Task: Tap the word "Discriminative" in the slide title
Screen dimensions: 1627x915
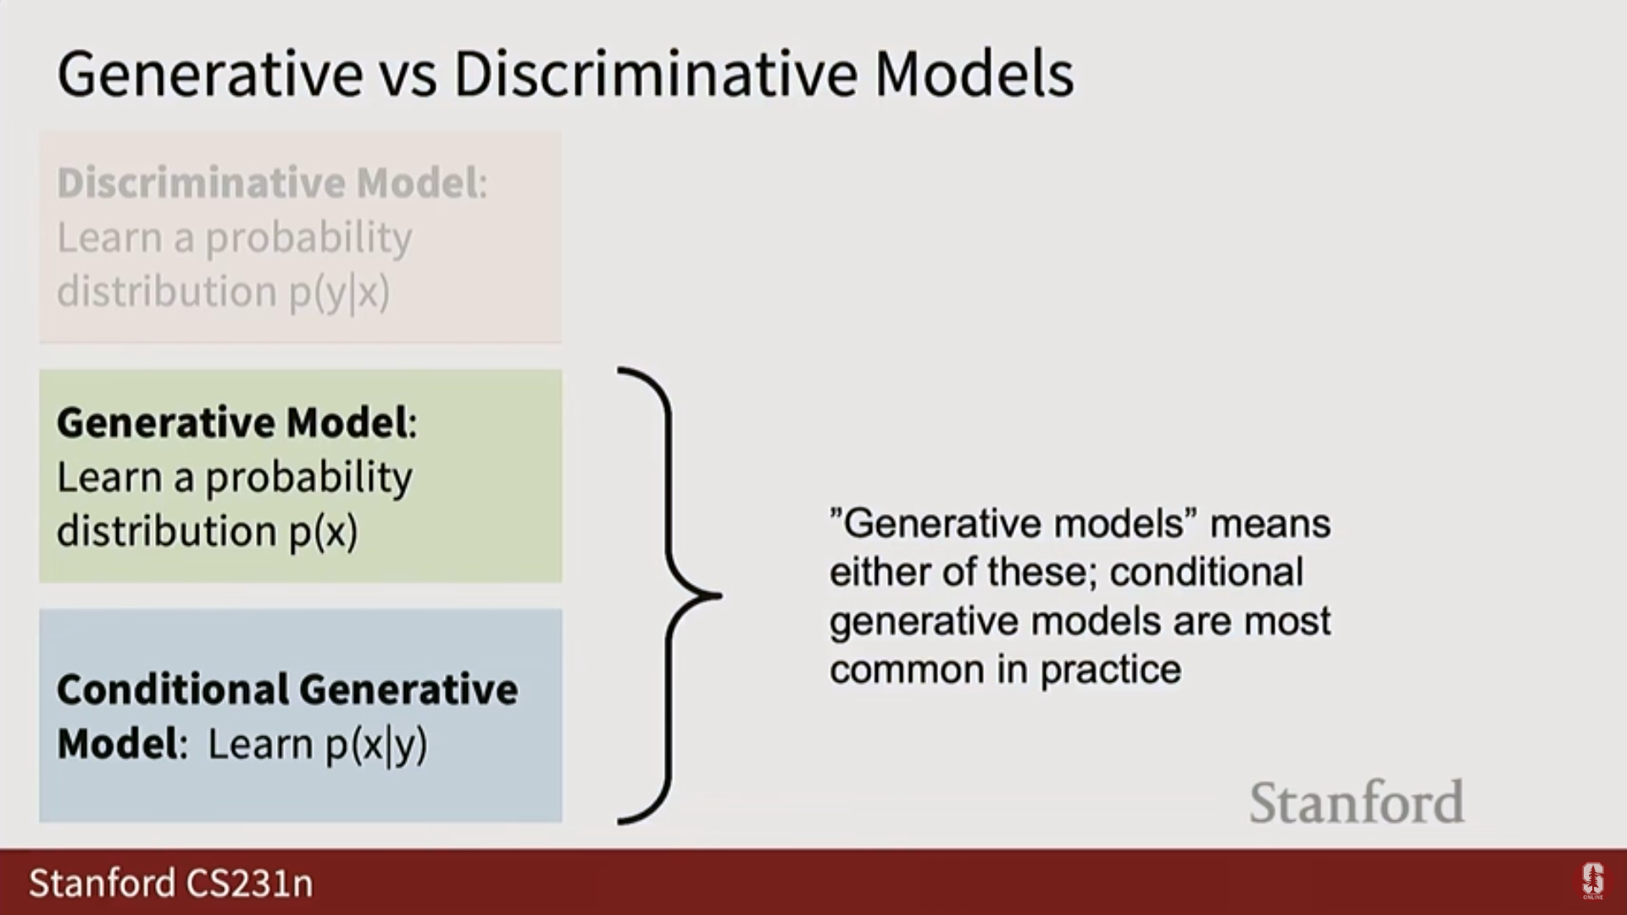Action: coord(655,74)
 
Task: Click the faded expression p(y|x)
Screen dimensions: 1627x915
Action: coord(339,292)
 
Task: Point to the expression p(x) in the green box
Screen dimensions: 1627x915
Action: coord(324,532)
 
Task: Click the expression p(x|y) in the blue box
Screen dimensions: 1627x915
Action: coord(376,746)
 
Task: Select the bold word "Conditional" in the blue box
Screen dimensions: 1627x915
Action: coord(173,690)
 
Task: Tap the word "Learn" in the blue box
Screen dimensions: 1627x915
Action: coord(260,744)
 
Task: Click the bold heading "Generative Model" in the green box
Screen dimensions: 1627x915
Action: coord(232,423)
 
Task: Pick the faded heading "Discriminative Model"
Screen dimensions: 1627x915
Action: coord(268,183)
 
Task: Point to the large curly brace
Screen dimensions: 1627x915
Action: coord(670,596)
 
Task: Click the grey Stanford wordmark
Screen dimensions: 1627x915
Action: coord(1357,802)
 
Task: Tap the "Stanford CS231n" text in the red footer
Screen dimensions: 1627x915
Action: coord(171,883)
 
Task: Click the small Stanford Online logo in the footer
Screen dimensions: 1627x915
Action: coord(1593,882)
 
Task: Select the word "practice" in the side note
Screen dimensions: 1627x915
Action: coord(1110,670)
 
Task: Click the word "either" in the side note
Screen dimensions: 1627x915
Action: coord(881,572)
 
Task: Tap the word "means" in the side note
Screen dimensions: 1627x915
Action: coord(1270,524)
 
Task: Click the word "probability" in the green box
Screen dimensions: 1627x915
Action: coord(308,478)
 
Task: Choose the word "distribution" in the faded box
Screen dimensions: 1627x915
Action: coord(167,291)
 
